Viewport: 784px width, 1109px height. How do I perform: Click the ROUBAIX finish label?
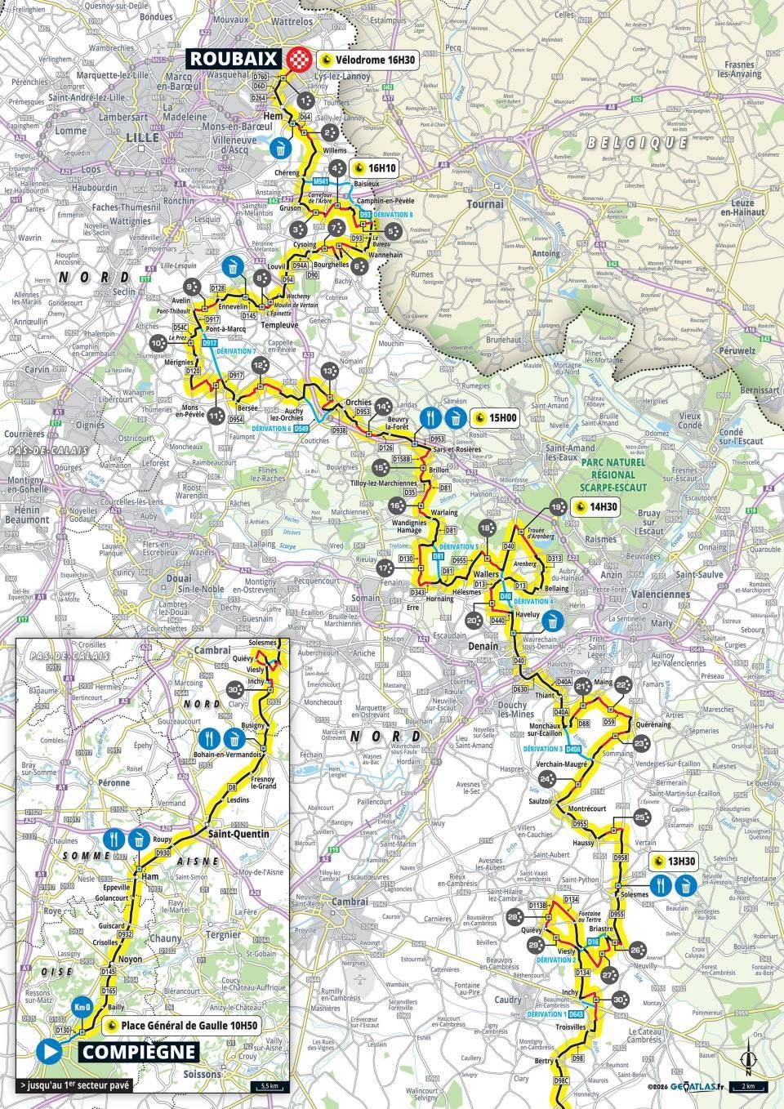click(x=236, y=59)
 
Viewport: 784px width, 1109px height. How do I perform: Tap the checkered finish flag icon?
click(x=298, y=59)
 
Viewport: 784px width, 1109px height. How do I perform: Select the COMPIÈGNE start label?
click(x=138, y=1052)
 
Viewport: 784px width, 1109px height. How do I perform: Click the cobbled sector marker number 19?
click(x=558, y=507)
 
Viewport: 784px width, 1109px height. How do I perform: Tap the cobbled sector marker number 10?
click(x=157, y=344)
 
